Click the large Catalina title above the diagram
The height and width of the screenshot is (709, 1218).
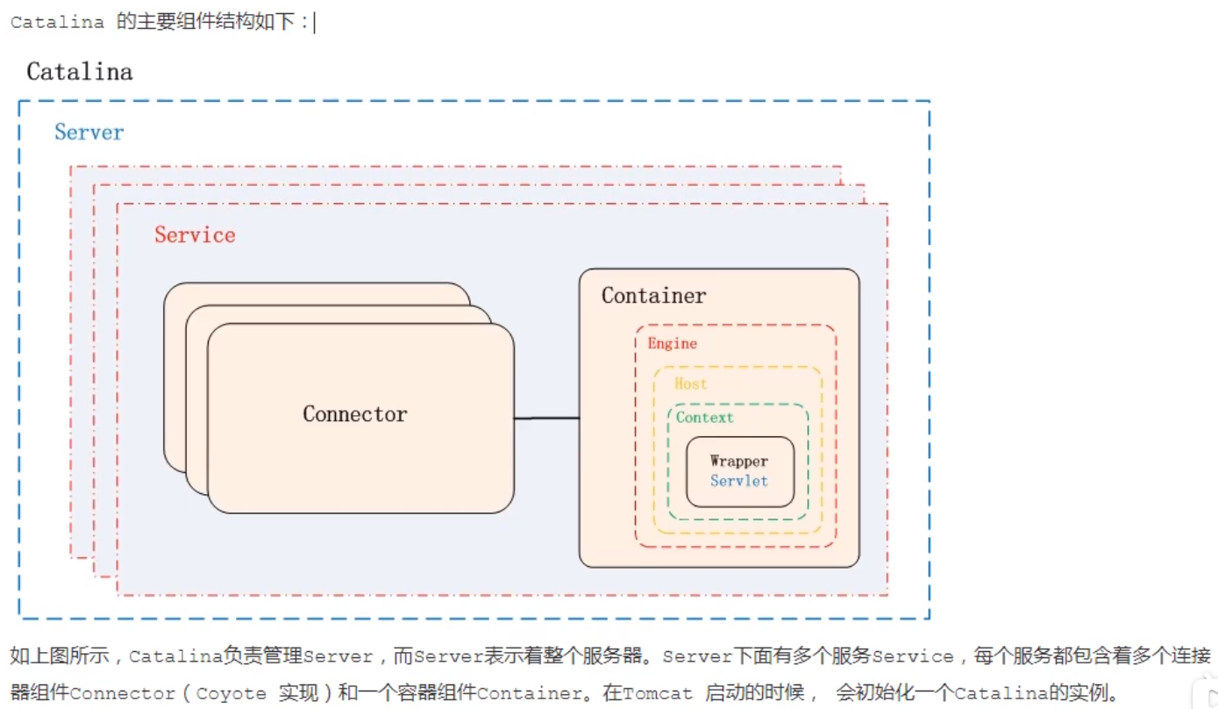tap(80, 72)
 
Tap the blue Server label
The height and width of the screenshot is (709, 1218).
tap(89, 132)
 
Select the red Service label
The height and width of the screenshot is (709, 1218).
tap(195, 235)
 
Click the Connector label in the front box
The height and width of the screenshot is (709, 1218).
tap(355, 414)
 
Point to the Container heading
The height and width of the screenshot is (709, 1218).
tap(653, 296)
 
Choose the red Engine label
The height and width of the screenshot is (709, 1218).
tap(673, 344)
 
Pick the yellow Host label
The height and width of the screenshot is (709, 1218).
tap(691, 383)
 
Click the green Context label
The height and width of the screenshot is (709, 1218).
tap(705, 418)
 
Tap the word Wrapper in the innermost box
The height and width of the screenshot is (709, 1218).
tap(739, 462)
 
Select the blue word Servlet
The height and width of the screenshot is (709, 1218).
tap(739, 481)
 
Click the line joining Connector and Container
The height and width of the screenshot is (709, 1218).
tap(546, 419)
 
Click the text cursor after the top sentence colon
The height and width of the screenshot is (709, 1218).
tap(315, 23)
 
